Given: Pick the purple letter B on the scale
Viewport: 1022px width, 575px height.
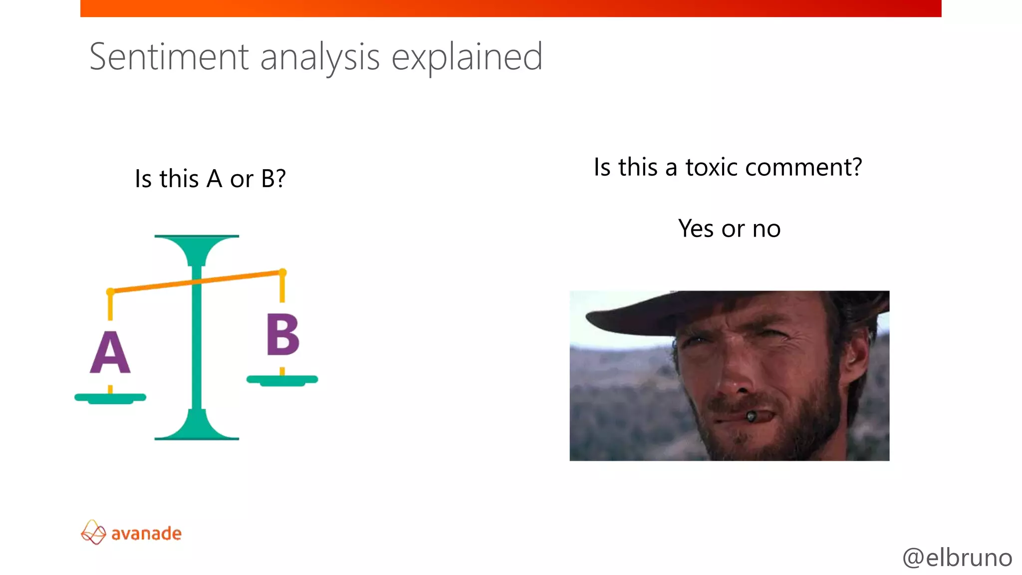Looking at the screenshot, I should tap(282, 335).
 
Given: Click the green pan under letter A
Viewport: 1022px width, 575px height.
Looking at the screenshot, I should tap(110, 398).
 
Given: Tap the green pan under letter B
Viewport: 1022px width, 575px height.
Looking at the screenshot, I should tap(282, 380).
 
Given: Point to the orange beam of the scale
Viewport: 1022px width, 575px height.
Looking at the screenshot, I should tap(240, 277).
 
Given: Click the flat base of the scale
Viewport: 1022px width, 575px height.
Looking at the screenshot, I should tap(197, 437).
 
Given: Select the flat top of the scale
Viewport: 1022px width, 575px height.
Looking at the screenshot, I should tap(197, 237).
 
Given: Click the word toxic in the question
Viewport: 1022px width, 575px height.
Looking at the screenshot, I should tap(711, 167).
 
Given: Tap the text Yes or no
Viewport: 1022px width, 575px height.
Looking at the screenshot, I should tap(729, 229).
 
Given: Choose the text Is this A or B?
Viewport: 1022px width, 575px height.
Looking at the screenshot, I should tap(210, 179).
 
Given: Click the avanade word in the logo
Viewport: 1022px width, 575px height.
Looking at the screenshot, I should tap(146, 534).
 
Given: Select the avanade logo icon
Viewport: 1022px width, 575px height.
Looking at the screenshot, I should tap(93, 532).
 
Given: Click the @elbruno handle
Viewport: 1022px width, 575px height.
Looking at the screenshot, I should tap(957, 558).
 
